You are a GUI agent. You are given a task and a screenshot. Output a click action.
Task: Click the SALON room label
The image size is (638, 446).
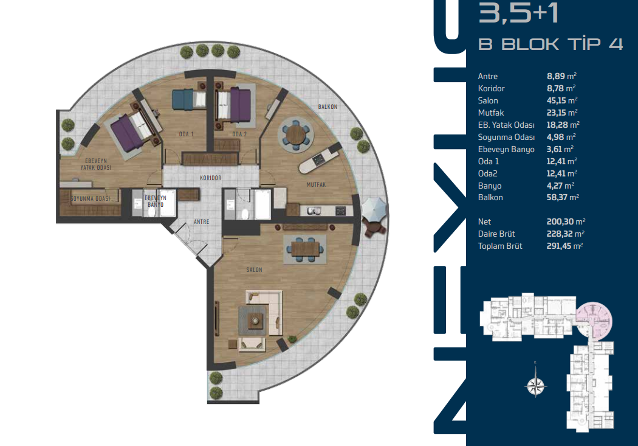click(255, 270)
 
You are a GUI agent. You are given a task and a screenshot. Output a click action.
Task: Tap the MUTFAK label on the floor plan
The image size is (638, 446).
click(316, 184)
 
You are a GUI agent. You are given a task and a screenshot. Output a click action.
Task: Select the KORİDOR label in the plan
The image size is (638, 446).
click(211, 178)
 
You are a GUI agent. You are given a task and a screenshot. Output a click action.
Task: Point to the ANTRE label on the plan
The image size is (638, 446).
click(201, 221)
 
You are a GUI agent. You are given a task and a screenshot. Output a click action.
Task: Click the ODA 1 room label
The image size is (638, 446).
click(187, 134)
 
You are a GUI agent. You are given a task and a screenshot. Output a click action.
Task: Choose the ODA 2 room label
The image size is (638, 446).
click(239, 134)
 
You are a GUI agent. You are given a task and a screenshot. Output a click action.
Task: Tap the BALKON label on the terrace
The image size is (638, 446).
click(328, 106)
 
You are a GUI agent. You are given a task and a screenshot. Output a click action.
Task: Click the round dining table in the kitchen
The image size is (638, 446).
click(297, 134)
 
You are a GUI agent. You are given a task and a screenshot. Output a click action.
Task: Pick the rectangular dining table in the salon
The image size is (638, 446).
click(305, 248)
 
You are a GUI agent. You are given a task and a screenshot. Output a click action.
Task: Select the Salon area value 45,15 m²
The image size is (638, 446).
click(562, 100)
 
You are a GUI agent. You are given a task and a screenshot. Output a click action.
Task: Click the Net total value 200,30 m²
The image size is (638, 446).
click(566, 221)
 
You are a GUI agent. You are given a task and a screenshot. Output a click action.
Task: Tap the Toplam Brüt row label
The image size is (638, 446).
click(500, 246)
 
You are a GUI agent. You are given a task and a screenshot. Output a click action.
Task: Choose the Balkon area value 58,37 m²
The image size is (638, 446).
click(563, 198)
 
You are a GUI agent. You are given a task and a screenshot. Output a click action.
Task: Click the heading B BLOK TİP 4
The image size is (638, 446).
click(551, 44)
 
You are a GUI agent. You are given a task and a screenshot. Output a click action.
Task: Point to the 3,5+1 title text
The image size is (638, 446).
click(518, 13)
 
